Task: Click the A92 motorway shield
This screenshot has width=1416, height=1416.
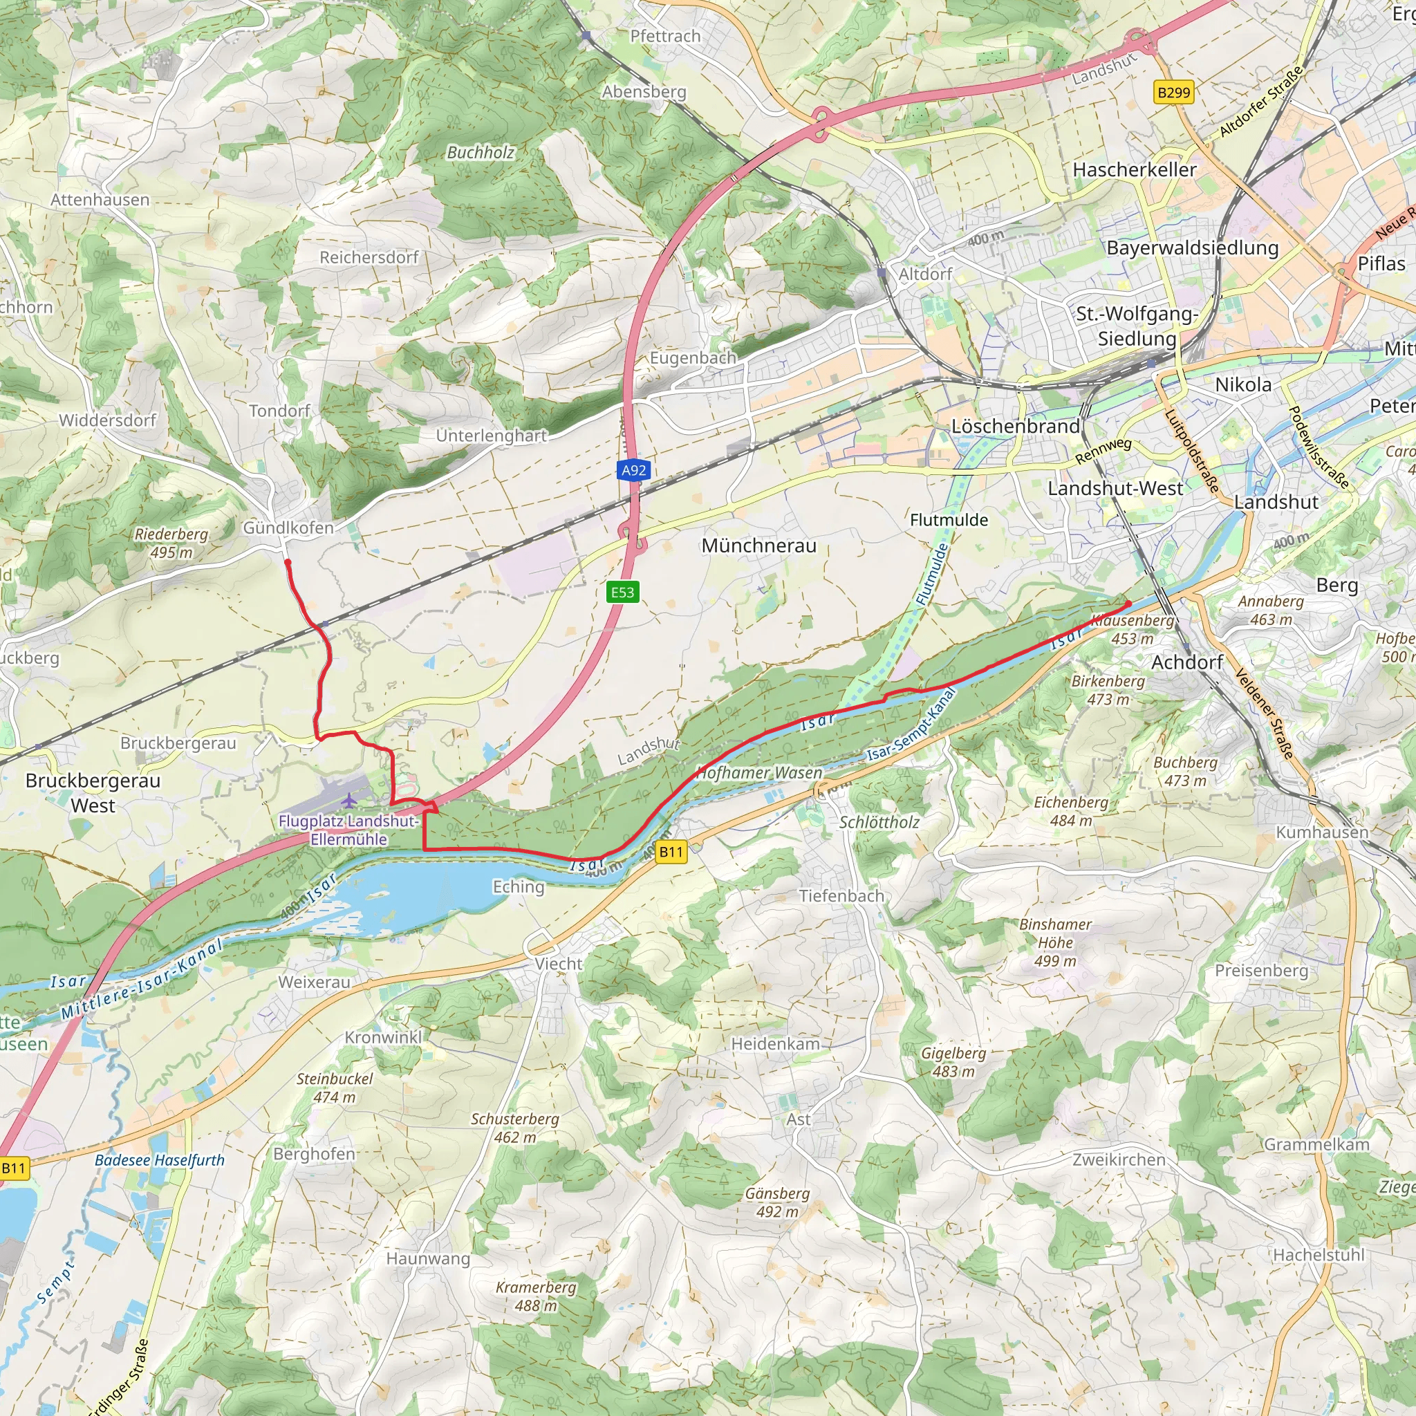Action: pyautogui.click(x=633, y=469)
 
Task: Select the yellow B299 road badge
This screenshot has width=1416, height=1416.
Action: pyautogui.click(x=1173, y=93)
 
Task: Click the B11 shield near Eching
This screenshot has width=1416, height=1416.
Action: pyautogui.click(x=671, y=852)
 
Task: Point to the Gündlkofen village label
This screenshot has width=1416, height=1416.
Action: pyautogui.click(x=288, y=528)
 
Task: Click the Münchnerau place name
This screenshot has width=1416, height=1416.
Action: pyautogui.click(x=758, y=546)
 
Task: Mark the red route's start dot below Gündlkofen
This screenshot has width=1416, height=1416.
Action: pyautogui.click(x=288, y=563)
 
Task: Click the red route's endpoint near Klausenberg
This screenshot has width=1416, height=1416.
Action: pyautogui.click(x=1128, y=604)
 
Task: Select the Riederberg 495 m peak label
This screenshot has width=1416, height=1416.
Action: pyautogui.click(x=171, y=543)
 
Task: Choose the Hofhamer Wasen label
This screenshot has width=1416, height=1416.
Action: pyautogui.click(x=759, y=773)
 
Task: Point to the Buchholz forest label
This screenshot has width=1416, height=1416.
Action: pyautogui.click(x=481, y=152)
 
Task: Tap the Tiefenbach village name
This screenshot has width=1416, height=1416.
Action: pyautogui.click(x=841, y=895)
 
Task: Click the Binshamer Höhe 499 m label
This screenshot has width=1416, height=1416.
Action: pyautogui.click(x=1055, y=942)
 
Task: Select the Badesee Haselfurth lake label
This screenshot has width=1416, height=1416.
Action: pyautogui.click(x=160, y=1160)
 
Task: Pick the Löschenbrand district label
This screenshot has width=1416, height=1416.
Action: pyautogui.click(x=1015, y=427)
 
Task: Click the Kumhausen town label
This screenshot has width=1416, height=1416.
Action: pyautogui.click(x=1322, y=832)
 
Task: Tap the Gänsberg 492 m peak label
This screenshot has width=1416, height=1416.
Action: pyautogui.click(x=777, y=1203)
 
